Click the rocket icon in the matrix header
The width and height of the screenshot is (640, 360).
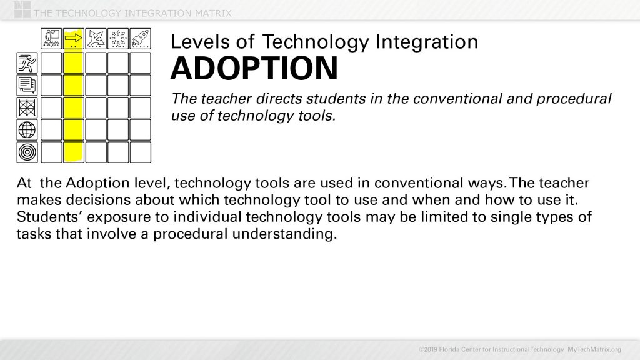(141, 39)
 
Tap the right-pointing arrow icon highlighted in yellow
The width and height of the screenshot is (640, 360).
(74, 39)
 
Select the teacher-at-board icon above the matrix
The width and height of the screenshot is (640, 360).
(51, 39)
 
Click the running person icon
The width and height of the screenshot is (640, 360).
(27, 62)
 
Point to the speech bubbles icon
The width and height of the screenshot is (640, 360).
(27, 84)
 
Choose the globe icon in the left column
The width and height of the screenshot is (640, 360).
(27, 129)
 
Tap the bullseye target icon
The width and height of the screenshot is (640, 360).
(27, 152)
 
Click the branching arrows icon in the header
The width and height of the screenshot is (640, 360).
(96, 39)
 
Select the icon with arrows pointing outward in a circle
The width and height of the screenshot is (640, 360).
(118, 39)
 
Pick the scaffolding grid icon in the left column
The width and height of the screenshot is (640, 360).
(27, 107)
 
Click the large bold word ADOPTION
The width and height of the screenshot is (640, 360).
(254, 69)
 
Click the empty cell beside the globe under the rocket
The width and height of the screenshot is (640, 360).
(141, 129)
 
